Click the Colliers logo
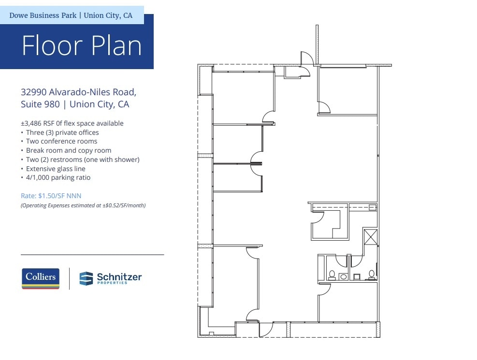41,278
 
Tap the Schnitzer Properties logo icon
86,278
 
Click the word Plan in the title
116,45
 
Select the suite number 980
51,104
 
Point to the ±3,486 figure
31,123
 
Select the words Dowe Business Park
43,15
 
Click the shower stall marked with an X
371,237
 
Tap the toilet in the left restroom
332,275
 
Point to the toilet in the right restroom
372,275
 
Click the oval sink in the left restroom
343,277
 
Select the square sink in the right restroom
357,276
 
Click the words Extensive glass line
56,169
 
